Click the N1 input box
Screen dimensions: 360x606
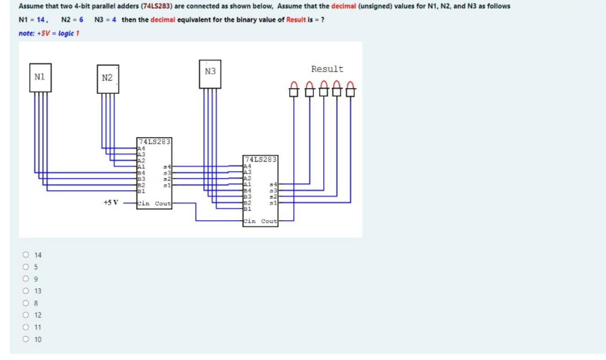pos(40,77)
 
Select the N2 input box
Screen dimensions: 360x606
pos(108,78)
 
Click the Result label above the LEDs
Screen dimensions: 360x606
pos(327,69)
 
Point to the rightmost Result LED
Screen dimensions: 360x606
pos(351,89)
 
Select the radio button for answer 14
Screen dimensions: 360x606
pos(26,255)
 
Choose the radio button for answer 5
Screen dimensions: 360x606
pos(26,267)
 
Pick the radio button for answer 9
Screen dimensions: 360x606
pos(26,278)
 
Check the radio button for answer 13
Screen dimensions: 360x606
pos(26,291)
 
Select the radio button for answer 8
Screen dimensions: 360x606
pos(26,303)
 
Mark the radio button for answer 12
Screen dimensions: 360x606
pos(26,315)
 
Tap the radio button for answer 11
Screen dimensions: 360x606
pos(26,327)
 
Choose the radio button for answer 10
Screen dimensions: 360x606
pos(26,339)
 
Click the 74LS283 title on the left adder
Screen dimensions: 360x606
pos(154,142)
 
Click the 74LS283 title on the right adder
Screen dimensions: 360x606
pos(261,159)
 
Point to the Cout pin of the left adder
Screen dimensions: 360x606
pos(163,204)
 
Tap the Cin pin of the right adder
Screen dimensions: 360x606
pos(250,221)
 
